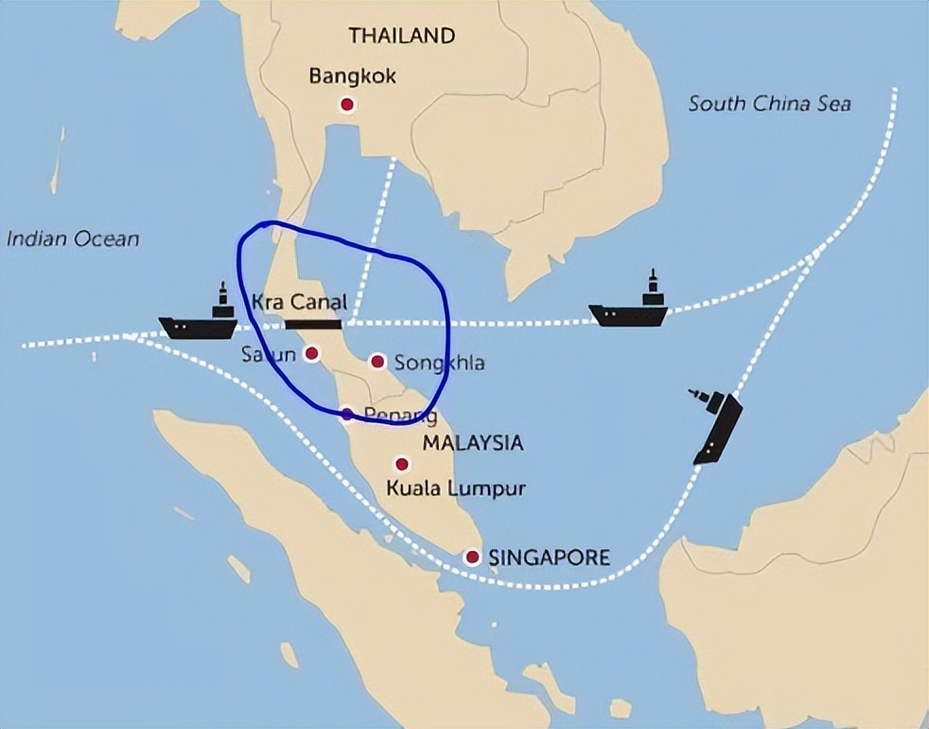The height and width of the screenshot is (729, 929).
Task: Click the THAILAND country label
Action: click(402, 37)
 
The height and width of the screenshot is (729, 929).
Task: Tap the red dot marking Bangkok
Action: click(347, 104)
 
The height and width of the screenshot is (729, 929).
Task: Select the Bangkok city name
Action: click(353, 76)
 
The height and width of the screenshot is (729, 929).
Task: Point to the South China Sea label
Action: click(769, 103)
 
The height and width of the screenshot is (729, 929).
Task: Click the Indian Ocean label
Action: click(73, 238)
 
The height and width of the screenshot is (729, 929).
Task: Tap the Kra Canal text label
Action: click(300, 303)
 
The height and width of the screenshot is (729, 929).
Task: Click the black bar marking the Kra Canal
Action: click(312, 324)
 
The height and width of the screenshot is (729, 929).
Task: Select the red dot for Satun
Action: click(312, 353)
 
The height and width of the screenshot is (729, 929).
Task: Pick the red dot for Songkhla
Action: click(377, 361)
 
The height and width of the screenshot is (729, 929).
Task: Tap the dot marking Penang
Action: click(347, 414)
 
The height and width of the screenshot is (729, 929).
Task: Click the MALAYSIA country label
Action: click(473, 442)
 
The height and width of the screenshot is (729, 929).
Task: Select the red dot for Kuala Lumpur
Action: click(402, 464)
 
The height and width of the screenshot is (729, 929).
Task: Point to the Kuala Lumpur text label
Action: click(456, 489)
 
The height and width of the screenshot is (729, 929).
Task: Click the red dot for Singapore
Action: click(472, 557)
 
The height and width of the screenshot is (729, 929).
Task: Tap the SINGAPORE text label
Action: click(549, 557)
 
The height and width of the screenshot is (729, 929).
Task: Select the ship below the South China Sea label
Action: click(628, 309)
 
